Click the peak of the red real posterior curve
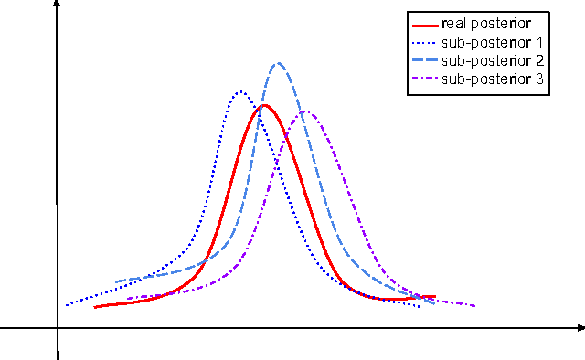(x=264, y=105)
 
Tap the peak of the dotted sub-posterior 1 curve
(x=240, y=91)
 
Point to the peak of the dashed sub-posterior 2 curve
(x=278, y=63)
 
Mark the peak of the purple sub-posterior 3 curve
(x=306, y=112)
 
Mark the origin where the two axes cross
(x=58, y=326)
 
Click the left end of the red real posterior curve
(x=95, y=307)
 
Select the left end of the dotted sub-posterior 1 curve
(x=66, y=305)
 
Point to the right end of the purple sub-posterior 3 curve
(x=475, y=306)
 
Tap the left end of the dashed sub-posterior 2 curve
(x=116, y=281)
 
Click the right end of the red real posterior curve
(x=435, y=297)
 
